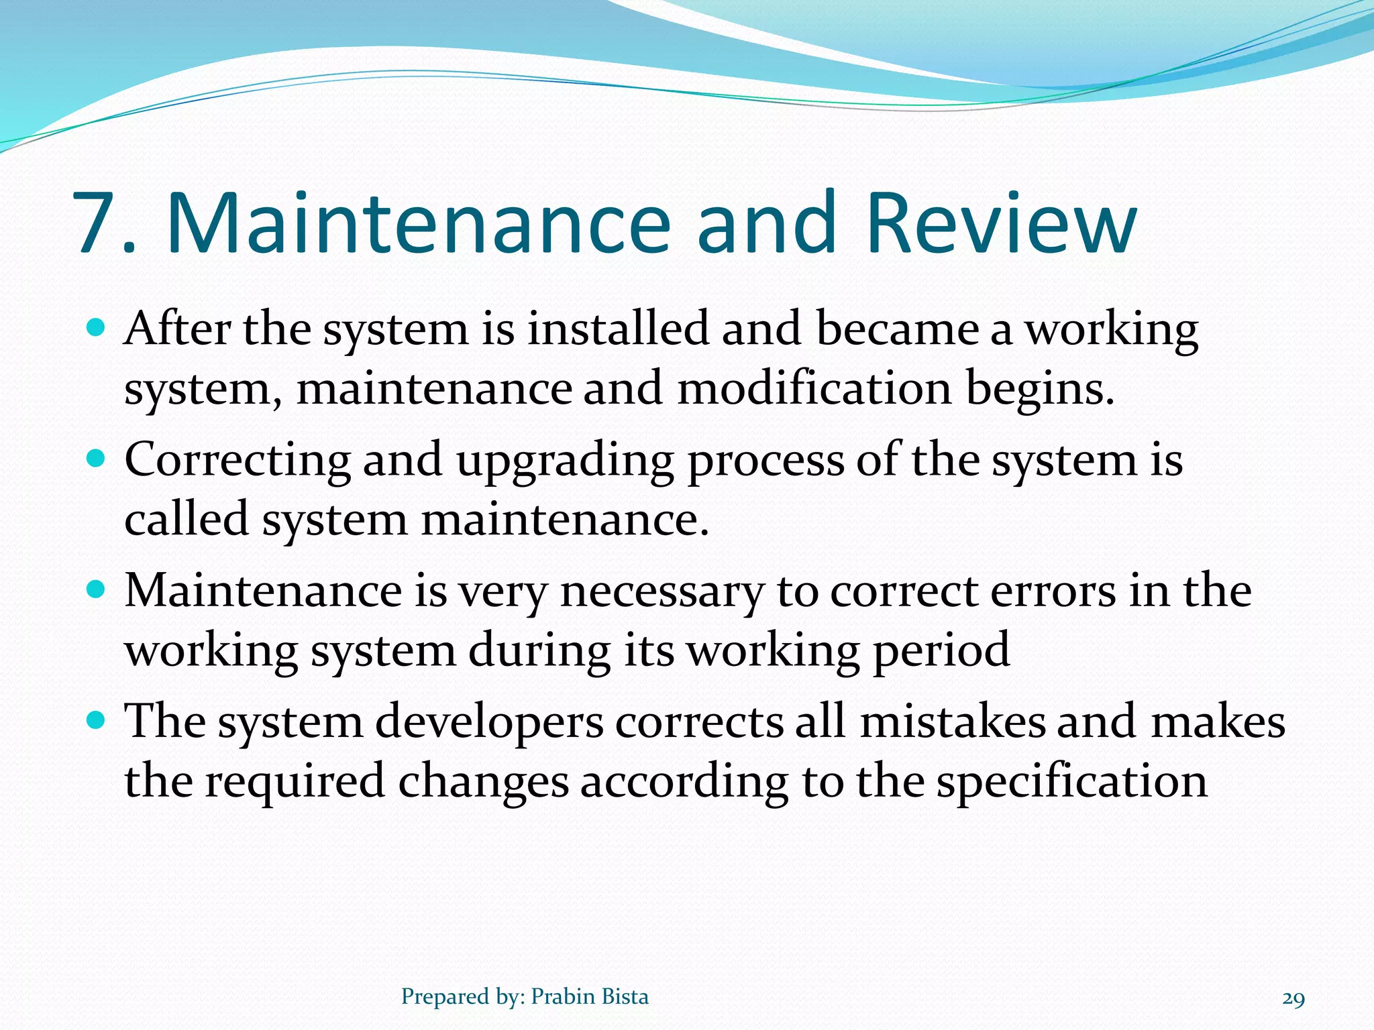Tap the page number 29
1293,998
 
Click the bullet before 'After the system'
97,329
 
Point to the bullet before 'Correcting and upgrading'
97,459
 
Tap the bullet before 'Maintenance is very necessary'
97,590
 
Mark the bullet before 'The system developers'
97,721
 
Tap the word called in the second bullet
187,519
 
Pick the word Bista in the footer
625,996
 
